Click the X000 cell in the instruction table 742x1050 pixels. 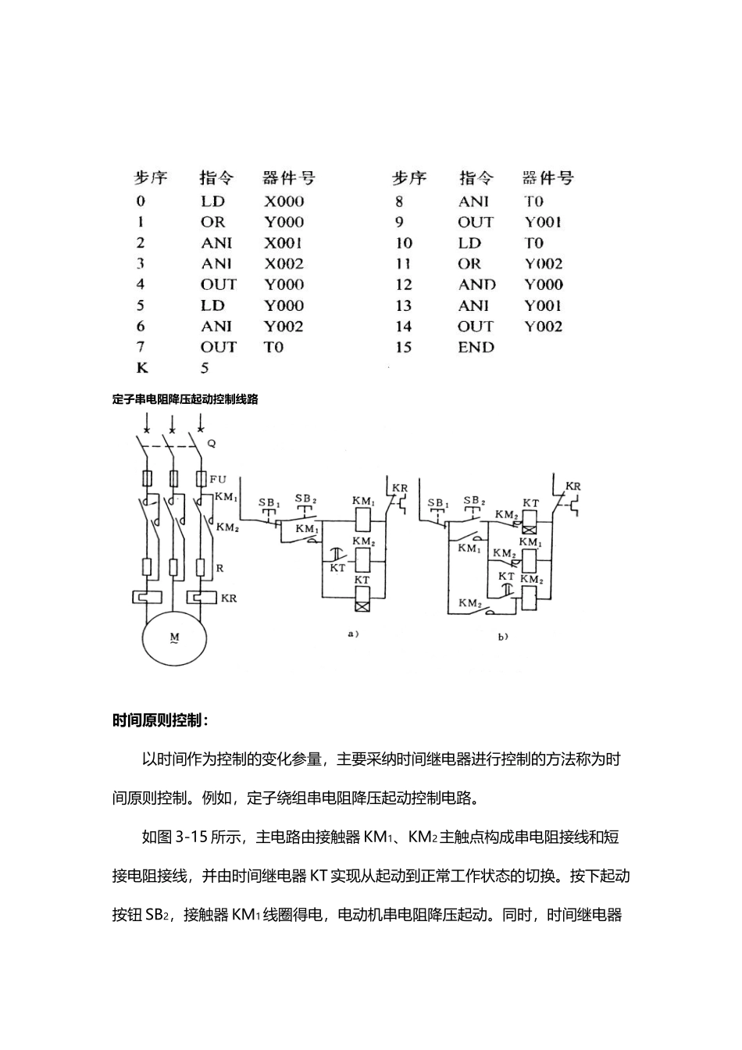(284, 202)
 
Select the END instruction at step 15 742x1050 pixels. (476, 348)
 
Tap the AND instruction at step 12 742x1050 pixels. (476, 285)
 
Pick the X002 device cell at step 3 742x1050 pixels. (284, 264)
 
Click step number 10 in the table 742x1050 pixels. (403, 243)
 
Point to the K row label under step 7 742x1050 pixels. (142, 368)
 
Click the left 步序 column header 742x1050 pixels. (151, 178)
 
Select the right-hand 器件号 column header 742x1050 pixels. (548, 178)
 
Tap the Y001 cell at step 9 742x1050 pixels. (543, 222)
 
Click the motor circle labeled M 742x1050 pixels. (174, 637)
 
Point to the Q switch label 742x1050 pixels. (211, 443)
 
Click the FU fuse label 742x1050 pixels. (218, 479)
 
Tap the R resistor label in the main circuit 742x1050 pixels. (219, 568)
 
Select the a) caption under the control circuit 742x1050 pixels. (353, 634)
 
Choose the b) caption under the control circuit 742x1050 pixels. (504, 637)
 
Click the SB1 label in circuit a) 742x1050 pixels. (269, 502)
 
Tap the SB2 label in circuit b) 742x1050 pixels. (474, 501)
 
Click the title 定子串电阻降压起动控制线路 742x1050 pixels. (185, 399)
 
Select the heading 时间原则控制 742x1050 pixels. (160, 720)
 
